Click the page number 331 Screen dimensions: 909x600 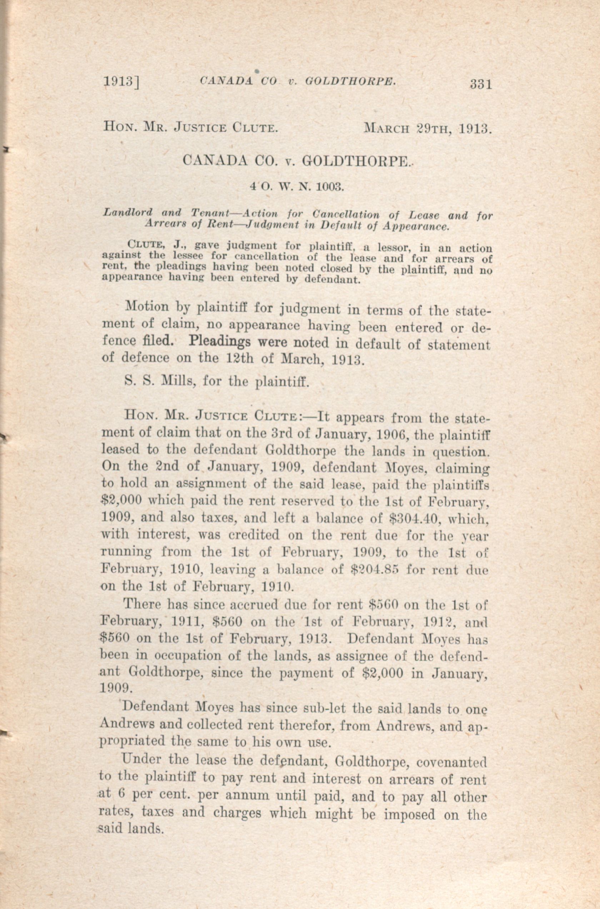(481, 84)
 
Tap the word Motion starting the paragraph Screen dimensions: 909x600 (147, 307)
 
